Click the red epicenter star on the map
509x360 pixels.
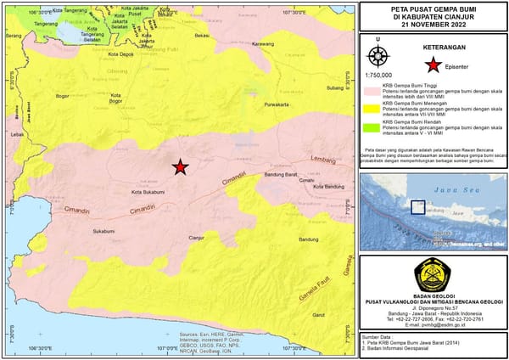click(x=180, y=167)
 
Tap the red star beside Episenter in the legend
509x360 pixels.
click(x=432, y=65)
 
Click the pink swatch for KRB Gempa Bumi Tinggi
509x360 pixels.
click(x=371, y=88)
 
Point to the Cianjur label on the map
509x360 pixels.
click(x=197, y=238)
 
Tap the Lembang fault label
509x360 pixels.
click(x=325, y=160)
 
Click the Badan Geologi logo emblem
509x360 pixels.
click(x=432, y=273)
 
